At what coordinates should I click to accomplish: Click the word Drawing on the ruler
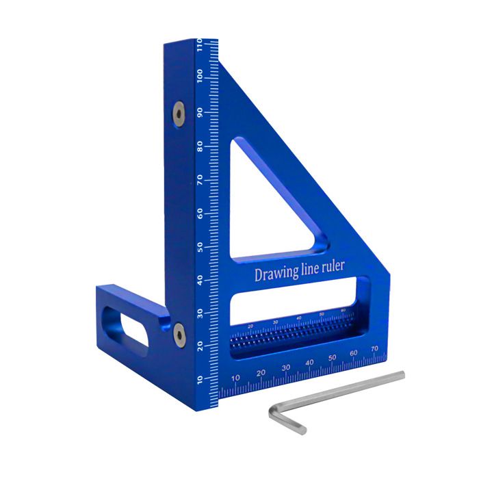point(276,274)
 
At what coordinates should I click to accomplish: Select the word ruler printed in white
point(334,268)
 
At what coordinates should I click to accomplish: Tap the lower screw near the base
point(179,333)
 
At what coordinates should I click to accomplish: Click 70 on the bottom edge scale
point(374,349)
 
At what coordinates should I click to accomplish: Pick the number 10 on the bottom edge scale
point(235,378)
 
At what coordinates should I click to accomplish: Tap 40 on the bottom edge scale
point(309,363)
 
